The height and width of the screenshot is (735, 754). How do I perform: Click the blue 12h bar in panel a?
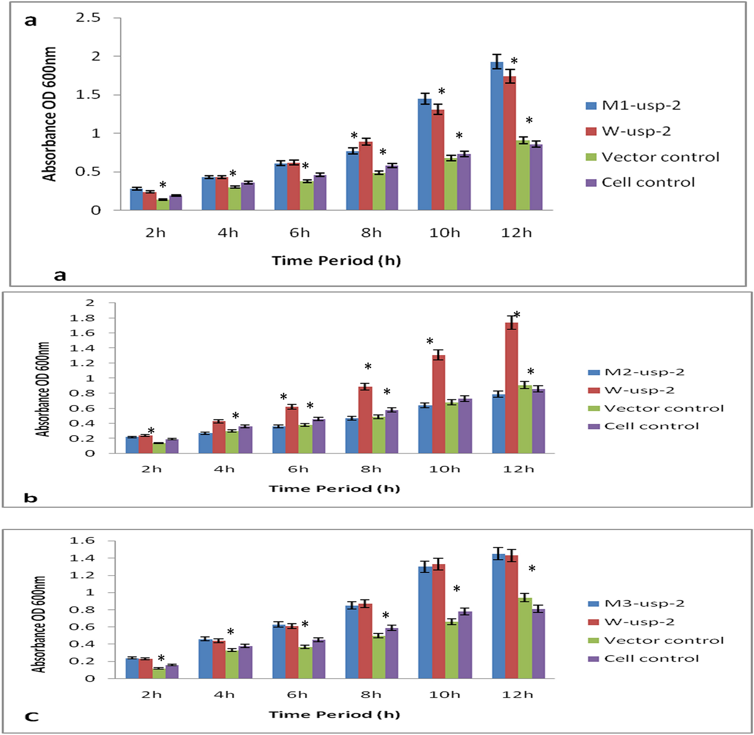pyautogui.click(x=497, y=136)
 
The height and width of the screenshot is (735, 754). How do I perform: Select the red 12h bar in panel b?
pyautogui.click(x=511, y=388)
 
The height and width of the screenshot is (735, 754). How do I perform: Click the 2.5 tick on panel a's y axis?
pyautogui.click(x=88, y=18)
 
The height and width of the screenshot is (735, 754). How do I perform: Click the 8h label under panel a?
pyautogui.click(x=371, y=233)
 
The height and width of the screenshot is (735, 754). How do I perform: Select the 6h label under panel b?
pyautogui.click(x=298, y=469)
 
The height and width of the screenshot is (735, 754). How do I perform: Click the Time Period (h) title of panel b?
pyautogui.click(x=334, y=489)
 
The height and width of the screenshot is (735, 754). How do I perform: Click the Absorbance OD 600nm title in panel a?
pyautogui.click(x=49, y=114)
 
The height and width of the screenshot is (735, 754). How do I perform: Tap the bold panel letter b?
pyautogui.click(x=31, y=498)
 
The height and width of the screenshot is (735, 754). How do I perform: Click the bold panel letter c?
pyautogui.click(x=32, y=717)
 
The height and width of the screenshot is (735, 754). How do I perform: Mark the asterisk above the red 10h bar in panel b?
pyautogui.click(x=430, y=341)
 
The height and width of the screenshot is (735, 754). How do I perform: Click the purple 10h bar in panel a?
pyautogui.click(x=464, y=182)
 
